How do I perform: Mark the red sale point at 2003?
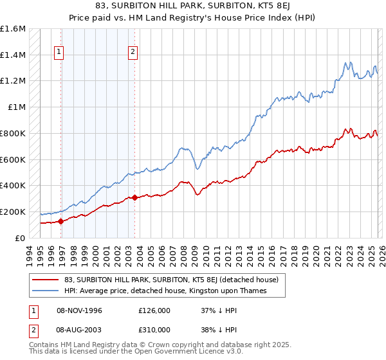pyautogui.click(x=134, y=198)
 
